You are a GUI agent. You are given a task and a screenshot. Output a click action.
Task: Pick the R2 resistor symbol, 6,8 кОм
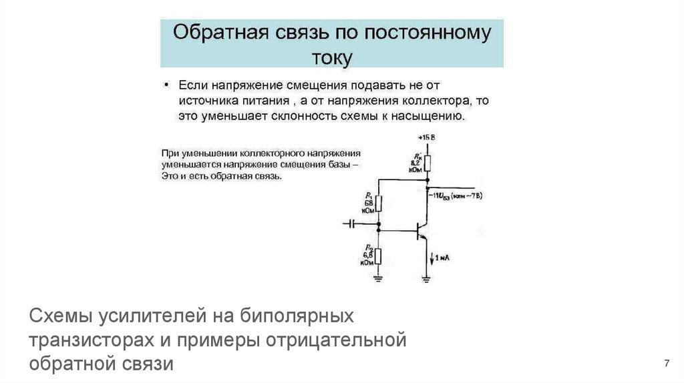(x=378, y=256)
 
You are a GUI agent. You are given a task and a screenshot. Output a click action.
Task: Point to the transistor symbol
(x=421, y=231)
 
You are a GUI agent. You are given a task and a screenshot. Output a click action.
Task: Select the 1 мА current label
(x=444, y=256)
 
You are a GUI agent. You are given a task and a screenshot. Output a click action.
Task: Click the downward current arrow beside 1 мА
(x=432, y=257)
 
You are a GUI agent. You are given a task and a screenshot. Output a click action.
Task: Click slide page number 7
(x=667, y=363)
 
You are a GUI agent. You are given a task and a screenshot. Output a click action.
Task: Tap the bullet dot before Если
(x=167, y=86)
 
